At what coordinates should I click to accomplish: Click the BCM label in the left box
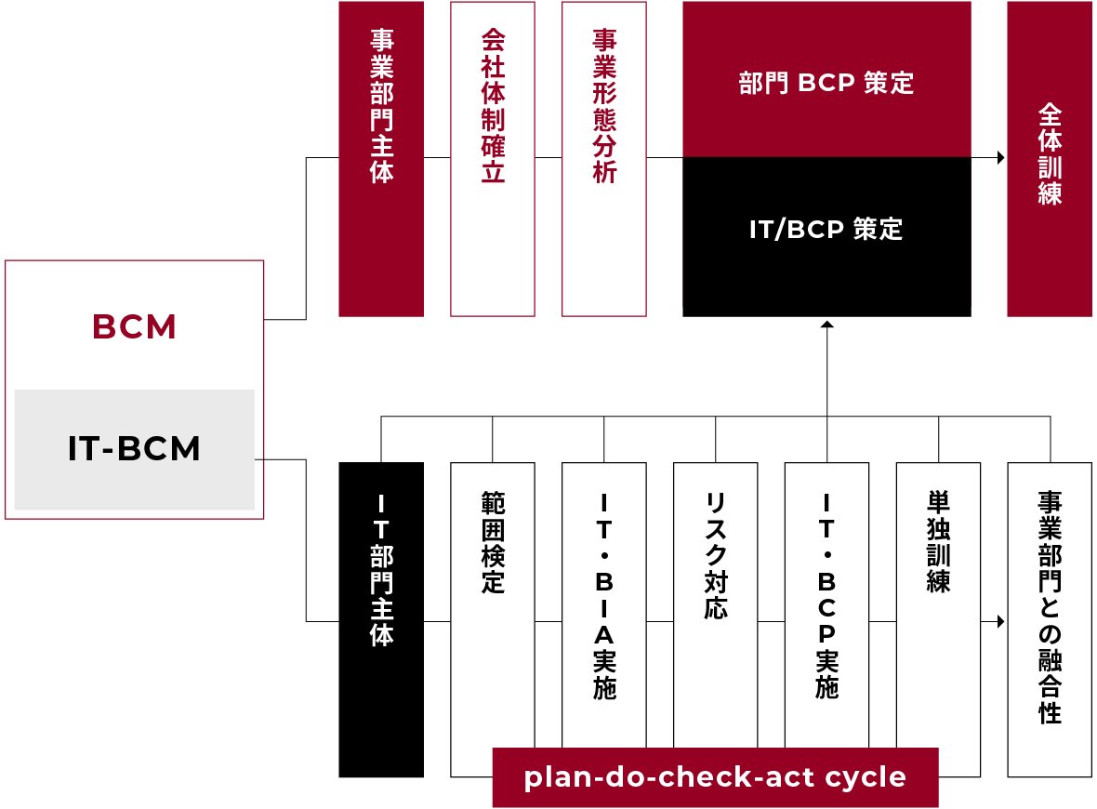point(135,327)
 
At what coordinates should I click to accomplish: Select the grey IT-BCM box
point(135,449)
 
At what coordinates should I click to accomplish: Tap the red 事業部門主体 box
point(381,158)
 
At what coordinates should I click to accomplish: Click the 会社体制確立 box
point(493,158)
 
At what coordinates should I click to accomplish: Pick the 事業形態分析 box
point(604,158)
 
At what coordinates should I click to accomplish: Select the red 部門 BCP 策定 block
point(826,82)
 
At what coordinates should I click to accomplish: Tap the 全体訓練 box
point(1051,158)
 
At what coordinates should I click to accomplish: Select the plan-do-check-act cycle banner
point(715,777)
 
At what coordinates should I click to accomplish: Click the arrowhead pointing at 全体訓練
point(1001,158)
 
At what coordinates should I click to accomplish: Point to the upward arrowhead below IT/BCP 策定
point(826,325)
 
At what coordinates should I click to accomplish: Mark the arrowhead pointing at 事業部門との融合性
point(1001,620)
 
